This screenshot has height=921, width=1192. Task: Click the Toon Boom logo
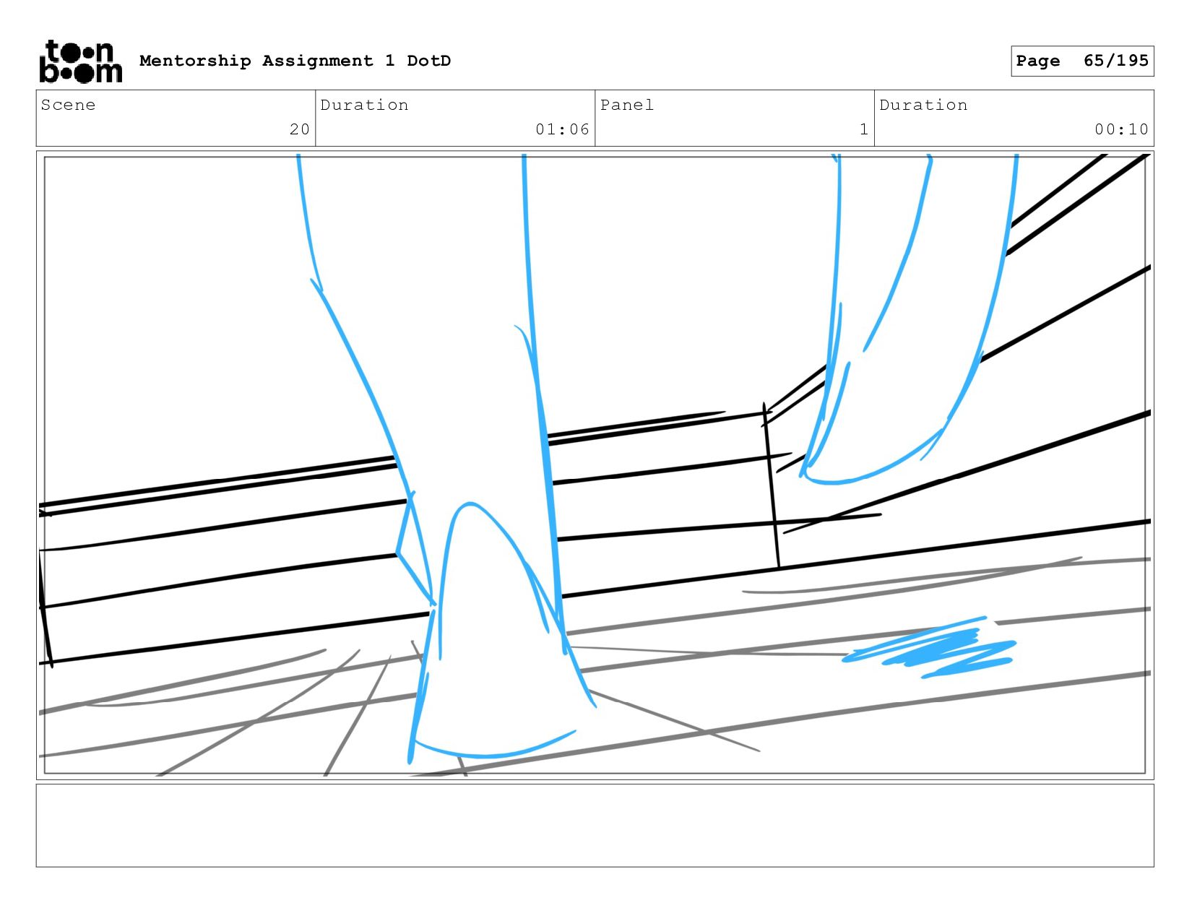pos(80,61)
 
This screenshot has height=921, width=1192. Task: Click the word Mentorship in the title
pos(195,61)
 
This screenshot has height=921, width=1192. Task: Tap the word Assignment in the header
pos(317,61)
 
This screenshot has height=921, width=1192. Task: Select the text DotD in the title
pos(428,61)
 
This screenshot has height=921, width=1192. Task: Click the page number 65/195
pos(1115,61)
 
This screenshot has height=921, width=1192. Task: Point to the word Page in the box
pos(1037,61)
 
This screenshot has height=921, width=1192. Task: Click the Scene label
pos(68,105)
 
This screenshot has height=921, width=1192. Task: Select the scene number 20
pos(299,129)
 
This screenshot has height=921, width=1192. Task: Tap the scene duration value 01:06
pos(562,129)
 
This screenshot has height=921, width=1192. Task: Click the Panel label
pos(626,105)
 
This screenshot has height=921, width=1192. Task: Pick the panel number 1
pos(863,129)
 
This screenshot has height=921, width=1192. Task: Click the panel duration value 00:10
pos(1120,129)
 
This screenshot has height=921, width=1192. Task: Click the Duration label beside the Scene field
pos(364,105)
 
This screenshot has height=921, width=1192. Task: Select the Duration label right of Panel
pos(923,105)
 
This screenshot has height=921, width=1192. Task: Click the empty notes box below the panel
pos(595,825)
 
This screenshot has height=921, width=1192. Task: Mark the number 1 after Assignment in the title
pos(390,61)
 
